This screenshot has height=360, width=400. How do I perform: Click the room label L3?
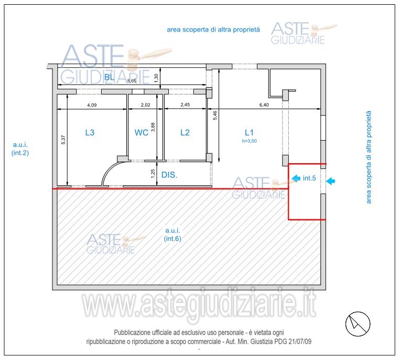click(90, 133)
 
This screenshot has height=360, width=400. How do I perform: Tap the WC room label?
click(141, 133)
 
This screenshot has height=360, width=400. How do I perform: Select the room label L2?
click(185, 133)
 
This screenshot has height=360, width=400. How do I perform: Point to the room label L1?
click(249, 132)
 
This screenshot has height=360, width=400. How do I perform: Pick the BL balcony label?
click(109, 78)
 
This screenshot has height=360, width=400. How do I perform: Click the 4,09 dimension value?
click(92, 104)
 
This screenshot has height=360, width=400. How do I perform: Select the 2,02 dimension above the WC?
click(146, 104)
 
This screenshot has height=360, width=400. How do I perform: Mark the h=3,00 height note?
click(249, 141)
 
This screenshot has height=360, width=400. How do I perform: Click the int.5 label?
click(309, 178)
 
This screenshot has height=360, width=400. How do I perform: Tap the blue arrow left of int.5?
click(296, 178)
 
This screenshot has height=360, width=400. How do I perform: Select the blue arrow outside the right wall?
click(330, 182)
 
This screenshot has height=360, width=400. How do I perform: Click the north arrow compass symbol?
click(356, 322)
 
